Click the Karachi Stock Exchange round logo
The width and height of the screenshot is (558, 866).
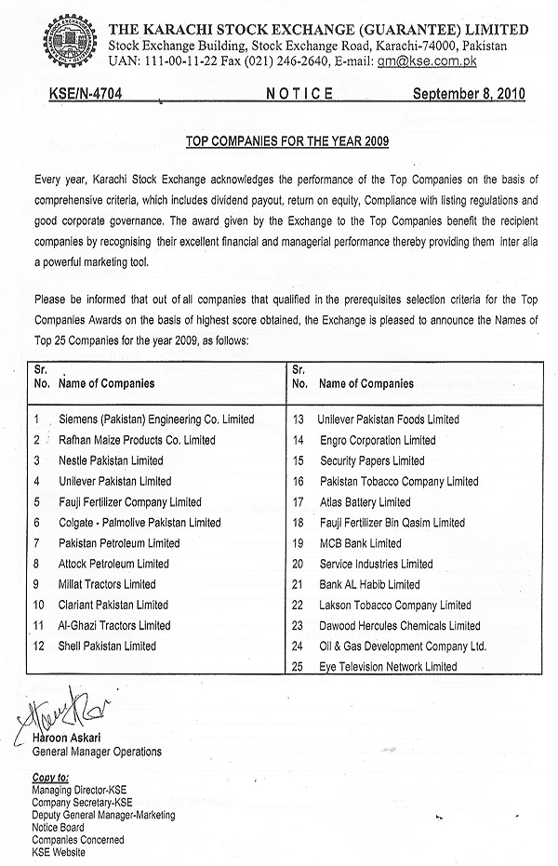[x=66, y=43]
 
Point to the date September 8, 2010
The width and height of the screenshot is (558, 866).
[x=469, y=94]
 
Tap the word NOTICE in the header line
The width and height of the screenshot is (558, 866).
[x=299, y=94]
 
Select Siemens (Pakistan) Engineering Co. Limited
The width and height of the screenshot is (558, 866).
[x=155, y=420]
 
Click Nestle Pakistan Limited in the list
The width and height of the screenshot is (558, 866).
[x=110, y=460]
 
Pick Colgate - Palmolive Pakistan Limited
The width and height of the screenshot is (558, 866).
[x=139, y=523]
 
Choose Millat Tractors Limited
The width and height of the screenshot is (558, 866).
[x=107, y=584]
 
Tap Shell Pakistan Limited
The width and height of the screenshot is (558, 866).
[x=107, y=646]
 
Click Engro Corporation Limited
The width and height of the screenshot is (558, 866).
[x=377, y=440]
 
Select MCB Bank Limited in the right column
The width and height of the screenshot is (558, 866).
[x=360, y=543]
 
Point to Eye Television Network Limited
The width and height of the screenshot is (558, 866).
[x=388, y=666]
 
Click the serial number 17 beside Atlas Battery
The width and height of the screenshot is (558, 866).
[x=299, y=502]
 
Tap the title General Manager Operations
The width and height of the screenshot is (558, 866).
[x=97, y=752]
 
